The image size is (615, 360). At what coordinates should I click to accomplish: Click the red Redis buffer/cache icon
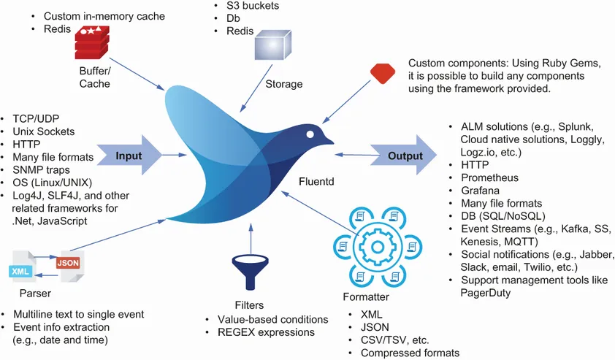pyautogui.click(x=93, y=42)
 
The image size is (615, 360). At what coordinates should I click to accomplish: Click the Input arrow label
pyautogui.click(x=129, y=156)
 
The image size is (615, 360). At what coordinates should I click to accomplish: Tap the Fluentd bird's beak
pyautogui.click(x=329, y=139)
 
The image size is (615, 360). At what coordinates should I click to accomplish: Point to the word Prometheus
pyautogui.click(x=490, y=177)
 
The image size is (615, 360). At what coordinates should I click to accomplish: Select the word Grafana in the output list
pyautogui.click(x=481, y=190)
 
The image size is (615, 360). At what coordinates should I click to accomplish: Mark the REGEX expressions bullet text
pyautogui.click(x=266, y=332)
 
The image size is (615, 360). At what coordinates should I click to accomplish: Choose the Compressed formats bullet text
pyautogui.click(x=410, y=353)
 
